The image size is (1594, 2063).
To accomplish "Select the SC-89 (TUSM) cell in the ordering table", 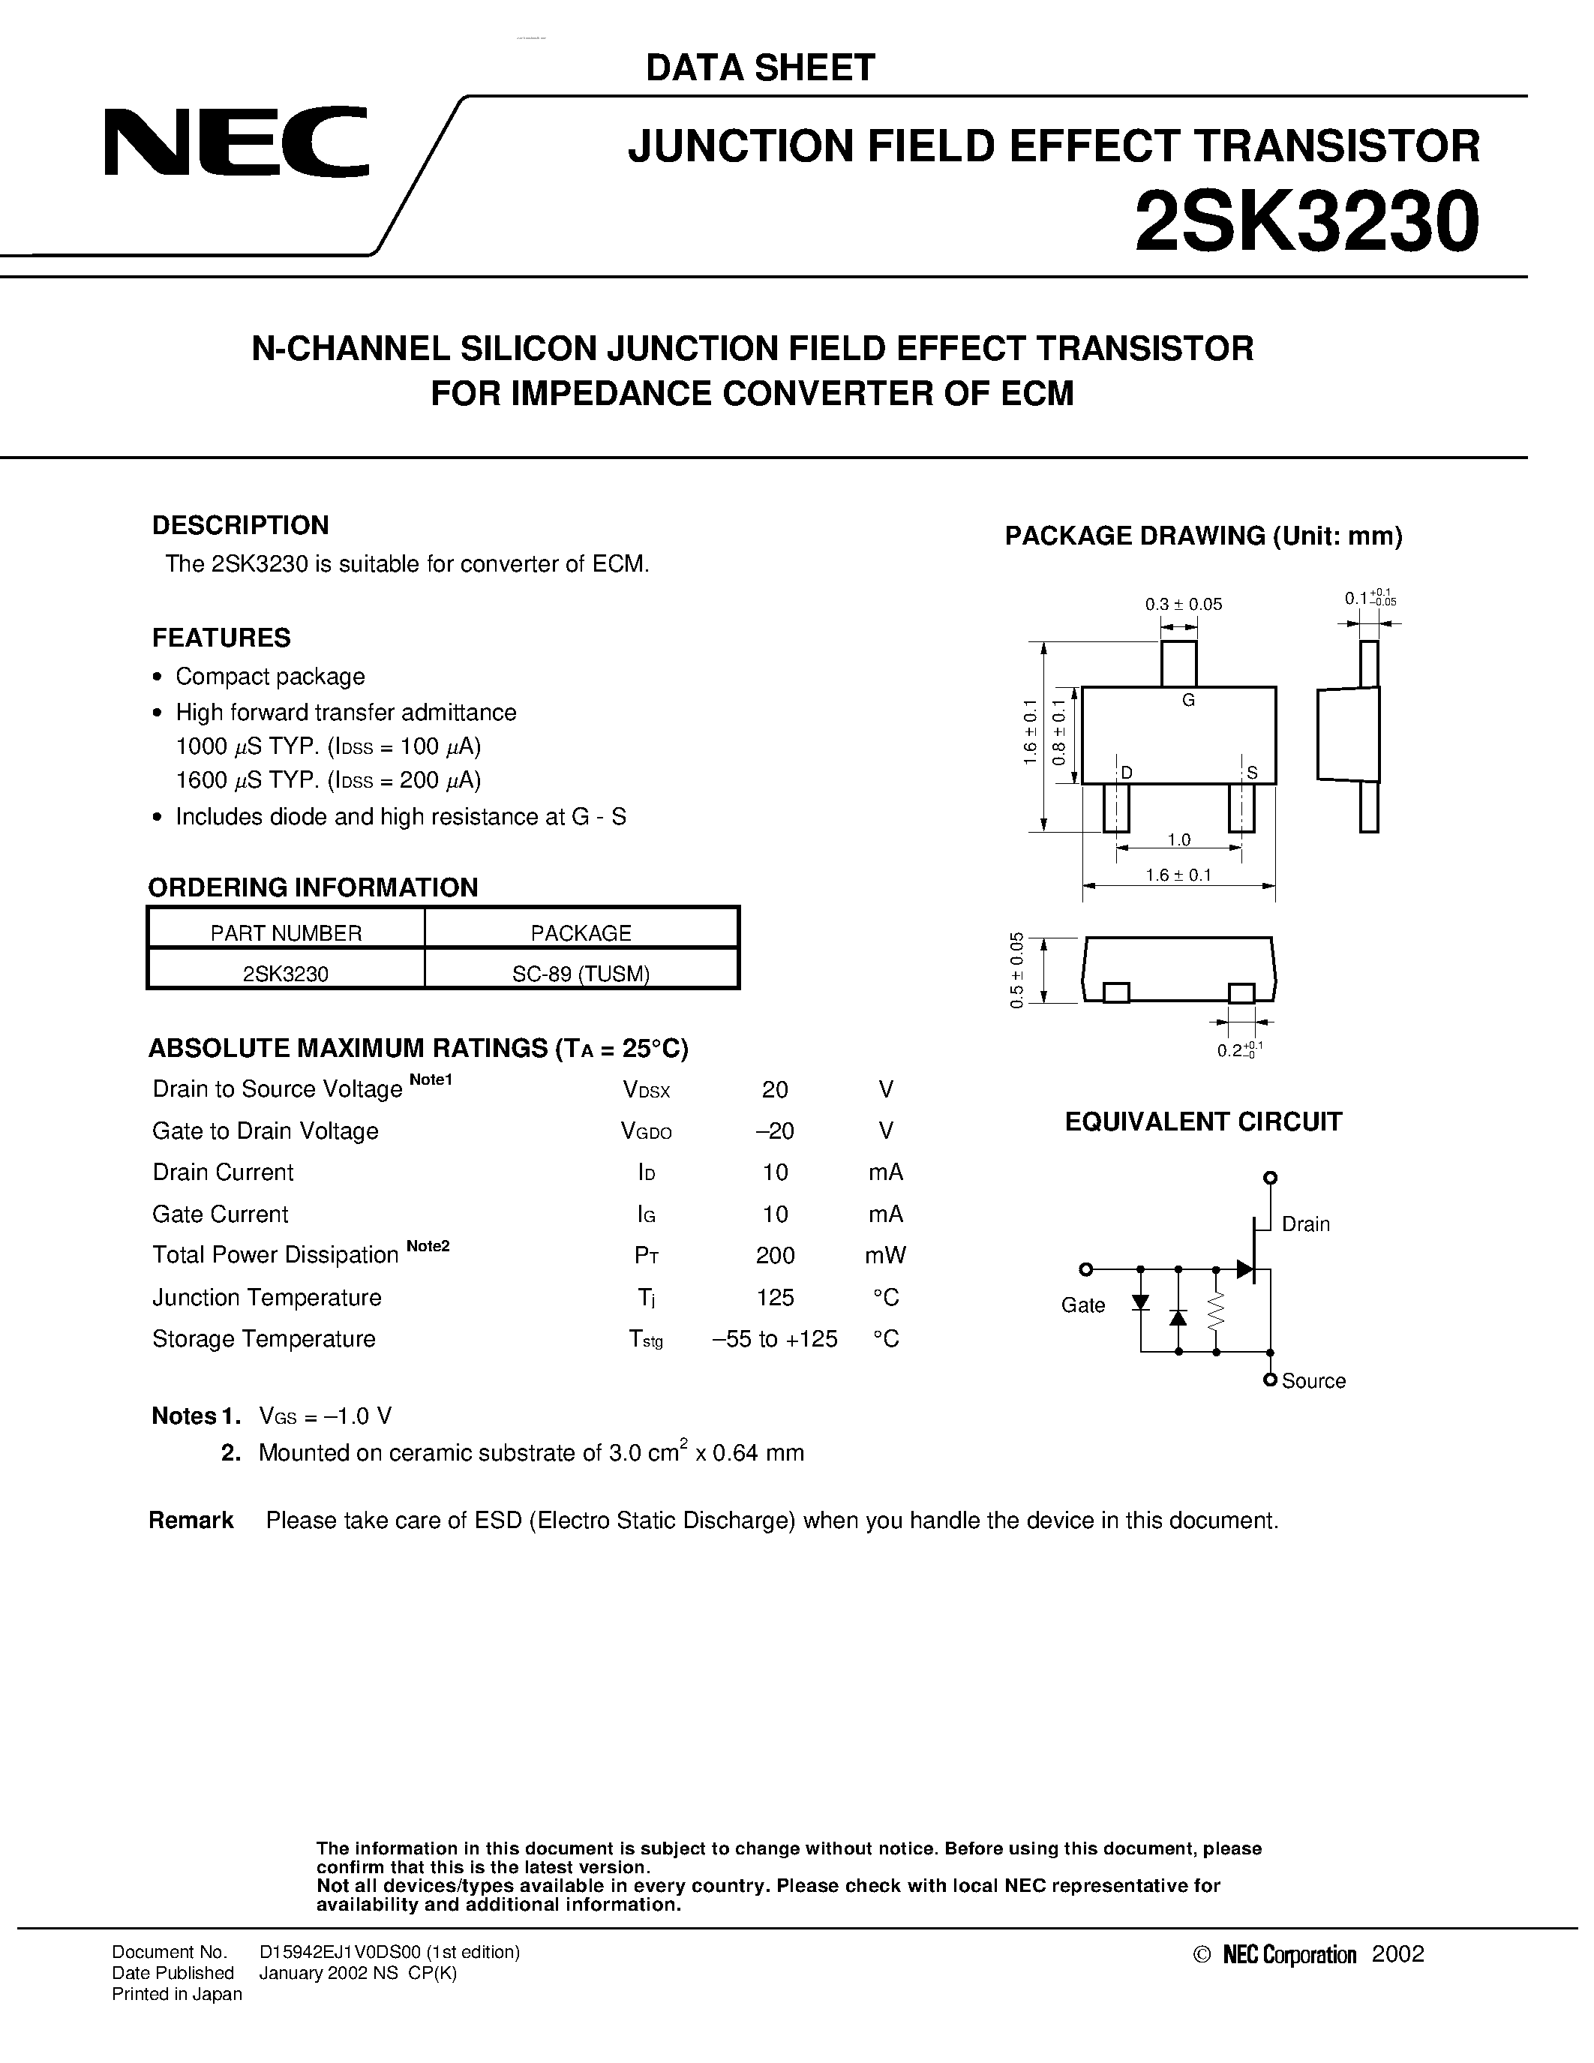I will [x=581, y=974].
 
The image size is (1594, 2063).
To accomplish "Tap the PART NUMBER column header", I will [x=286, y=933].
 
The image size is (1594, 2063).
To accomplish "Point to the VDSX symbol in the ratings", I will [x=646, y=1090].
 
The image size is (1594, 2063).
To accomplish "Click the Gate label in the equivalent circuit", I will [x=1082, y=1305].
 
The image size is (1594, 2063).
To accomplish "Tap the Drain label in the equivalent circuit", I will [x=1305, y=1224].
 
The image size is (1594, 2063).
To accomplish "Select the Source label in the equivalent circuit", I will [x=1313, y=1381].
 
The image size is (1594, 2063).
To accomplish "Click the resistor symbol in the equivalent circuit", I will [x=1216, y=1309].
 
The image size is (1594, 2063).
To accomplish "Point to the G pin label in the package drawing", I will [x=1188, y=700].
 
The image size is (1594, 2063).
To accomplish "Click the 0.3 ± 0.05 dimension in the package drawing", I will [x=1183, y=605].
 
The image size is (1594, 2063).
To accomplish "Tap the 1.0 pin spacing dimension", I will [x=1178, y=839].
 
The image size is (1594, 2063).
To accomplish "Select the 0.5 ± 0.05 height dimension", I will [x=1017, y=970].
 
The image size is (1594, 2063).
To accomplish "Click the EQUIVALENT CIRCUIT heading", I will [x=1203, y=1122].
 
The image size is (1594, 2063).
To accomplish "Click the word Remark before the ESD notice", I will [x=191, y=1520].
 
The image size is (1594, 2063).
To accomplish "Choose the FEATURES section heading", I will [x=221, y=638].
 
